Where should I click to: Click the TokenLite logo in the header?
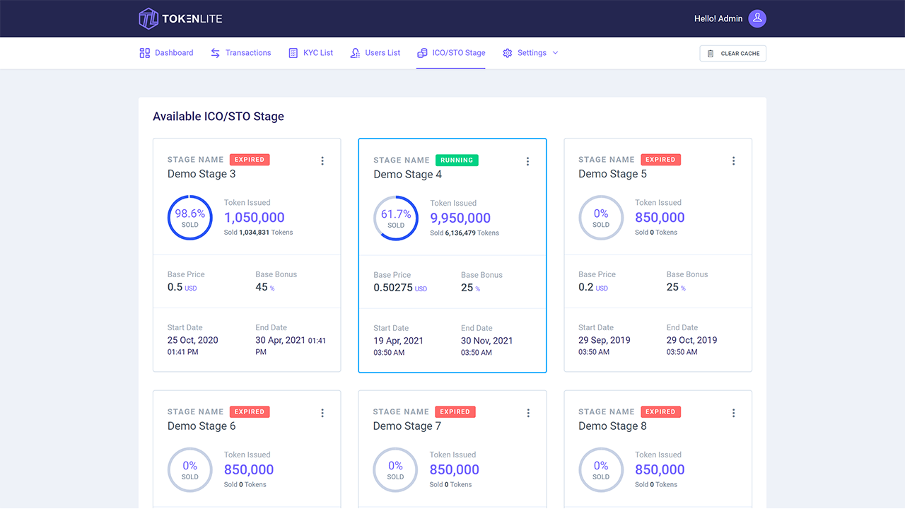[x=180, y=18]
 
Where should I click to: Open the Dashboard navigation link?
[x=166, y=53]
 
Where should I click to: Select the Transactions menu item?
[x=241, y=53]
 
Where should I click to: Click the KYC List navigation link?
[x=310, y=53]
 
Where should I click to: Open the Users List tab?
[x=375, y=53]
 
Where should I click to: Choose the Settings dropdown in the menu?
[x=531, y=53]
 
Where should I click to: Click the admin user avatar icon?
[x=757, y=18]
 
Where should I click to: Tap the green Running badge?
[x=457, y=160]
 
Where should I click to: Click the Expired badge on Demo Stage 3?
[x=250, y=160]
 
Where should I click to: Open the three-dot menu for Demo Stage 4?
[x=527, y=161]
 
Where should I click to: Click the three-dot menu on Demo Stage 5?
[x=733, y=160]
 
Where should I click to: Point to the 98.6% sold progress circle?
[x=190, y=218]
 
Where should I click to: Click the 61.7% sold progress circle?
[x=396, y=218]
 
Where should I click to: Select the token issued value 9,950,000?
[x=460, y=218]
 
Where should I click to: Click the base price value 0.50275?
[x=393, y=288]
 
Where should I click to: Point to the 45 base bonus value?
[x=262, y=287]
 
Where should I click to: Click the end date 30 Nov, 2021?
[x=487, y=341]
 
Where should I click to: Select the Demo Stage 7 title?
[x=407, y=426]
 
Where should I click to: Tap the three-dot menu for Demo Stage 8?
[x=733, y=413]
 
